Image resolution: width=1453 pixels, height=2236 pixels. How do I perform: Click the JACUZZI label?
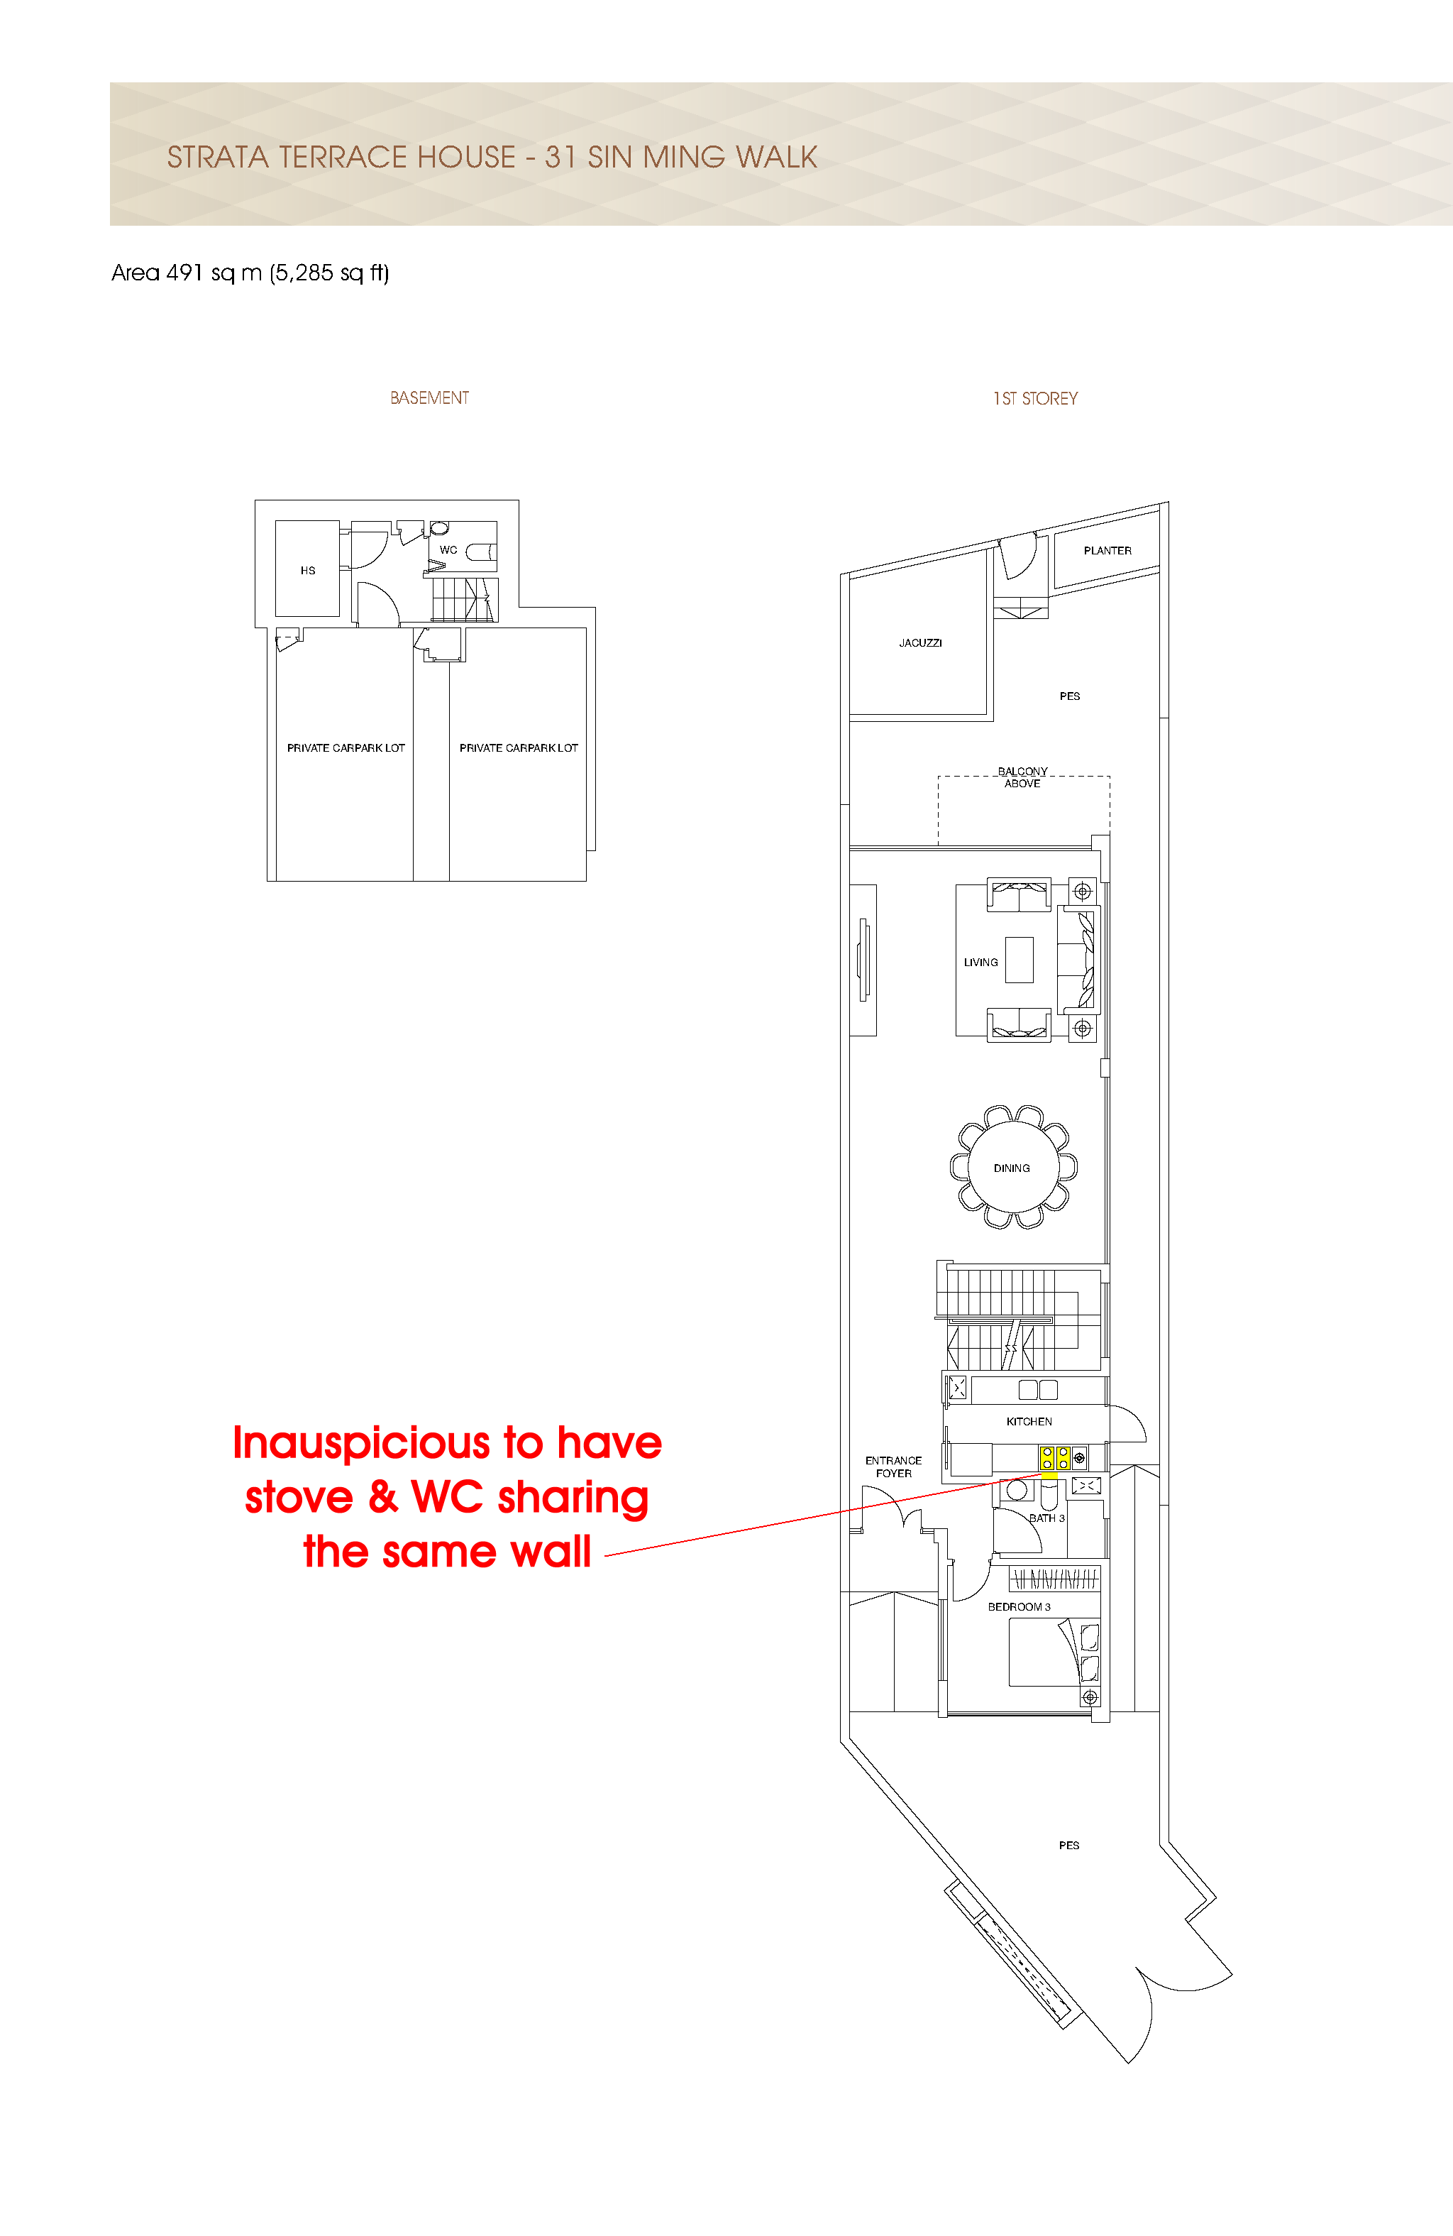(919, 642)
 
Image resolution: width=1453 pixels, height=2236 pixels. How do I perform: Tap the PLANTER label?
(1107, 551)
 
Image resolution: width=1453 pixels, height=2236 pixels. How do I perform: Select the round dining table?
(1012, 1167)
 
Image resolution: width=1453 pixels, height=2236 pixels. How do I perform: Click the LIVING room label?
(980, 962)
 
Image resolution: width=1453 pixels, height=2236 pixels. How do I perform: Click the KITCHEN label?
(1029, 1421)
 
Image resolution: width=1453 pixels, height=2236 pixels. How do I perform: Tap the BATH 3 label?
(1047, 1518)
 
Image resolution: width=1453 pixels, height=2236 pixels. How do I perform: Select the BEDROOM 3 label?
(1019, 1606)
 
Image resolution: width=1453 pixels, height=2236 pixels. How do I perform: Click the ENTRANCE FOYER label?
(893, 1467)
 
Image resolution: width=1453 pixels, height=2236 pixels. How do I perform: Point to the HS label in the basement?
(308, 570)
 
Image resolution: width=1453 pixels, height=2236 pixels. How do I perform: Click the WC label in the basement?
(449, 549)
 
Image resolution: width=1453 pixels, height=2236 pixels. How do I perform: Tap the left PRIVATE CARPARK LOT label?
(346, 748)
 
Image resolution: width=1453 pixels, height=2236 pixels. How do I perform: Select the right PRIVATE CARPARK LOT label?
(519, 748)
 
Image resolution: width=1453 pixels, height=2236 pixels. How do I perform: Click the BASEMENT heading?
(429, 398)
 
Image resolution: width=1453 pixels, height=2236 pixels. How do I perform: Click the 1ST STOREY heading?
(1035, 398)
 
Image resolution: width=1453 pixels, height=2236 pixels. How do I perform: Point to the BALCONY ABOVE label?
(1023, 777)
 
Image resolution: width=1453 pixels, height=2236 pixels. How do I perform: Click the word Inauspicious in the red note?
(363, 1443)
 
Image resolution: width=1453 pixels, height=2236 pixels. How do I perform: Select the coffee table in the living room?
(1019, 959)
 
